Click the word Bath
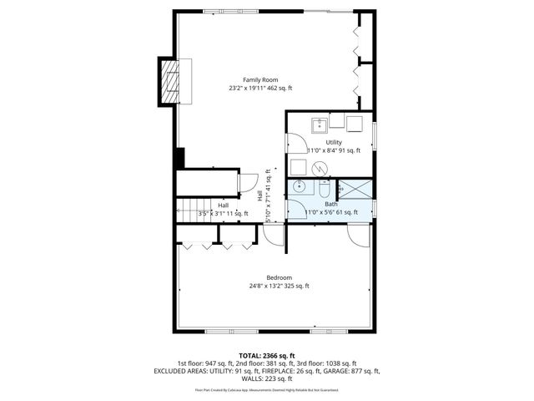click(331, 204)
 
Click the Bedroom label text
click(279, 277)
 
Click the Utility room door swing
click(298, 165)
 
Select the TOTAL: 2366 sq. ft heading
click(267, 356)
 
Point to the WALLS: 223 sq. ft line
click(267, 378)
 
